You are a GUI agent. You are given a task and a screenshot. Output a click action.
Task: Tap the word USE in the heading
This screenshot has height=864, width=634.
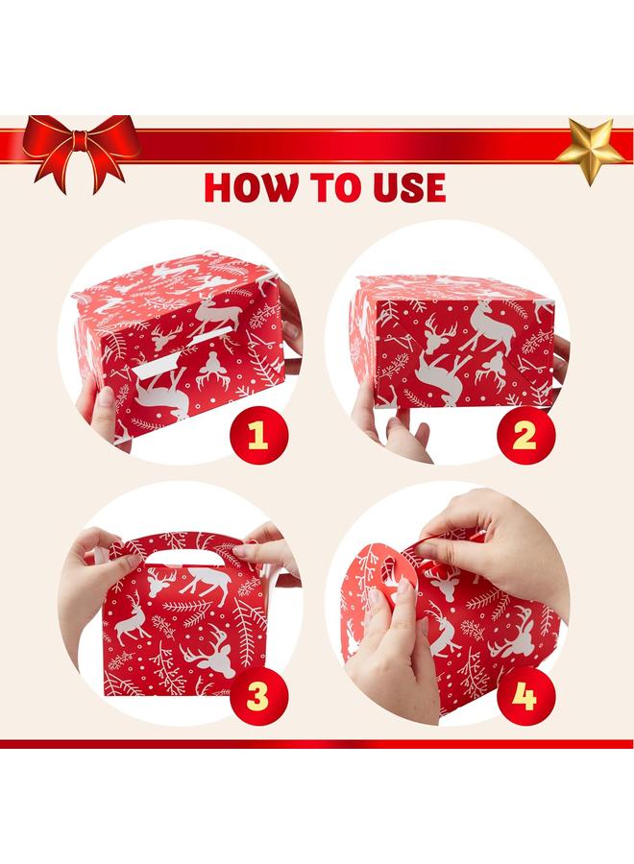(x=408, y=187)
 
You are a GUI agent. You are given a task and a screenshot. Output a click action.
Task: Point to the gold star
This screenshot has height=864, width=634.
(x=590, y=151)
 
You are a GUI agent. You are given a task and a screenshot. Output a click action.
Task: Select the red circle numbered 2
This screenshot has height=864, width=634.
(x=524, y=434)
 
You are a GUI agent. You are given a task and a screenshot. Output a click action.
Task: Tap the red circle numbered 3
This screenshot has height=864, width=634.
(x=257, y=696)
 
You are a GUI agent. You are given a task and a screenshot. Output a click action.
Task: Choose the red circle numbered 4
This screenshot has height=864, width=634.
(x=524, y=696)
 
